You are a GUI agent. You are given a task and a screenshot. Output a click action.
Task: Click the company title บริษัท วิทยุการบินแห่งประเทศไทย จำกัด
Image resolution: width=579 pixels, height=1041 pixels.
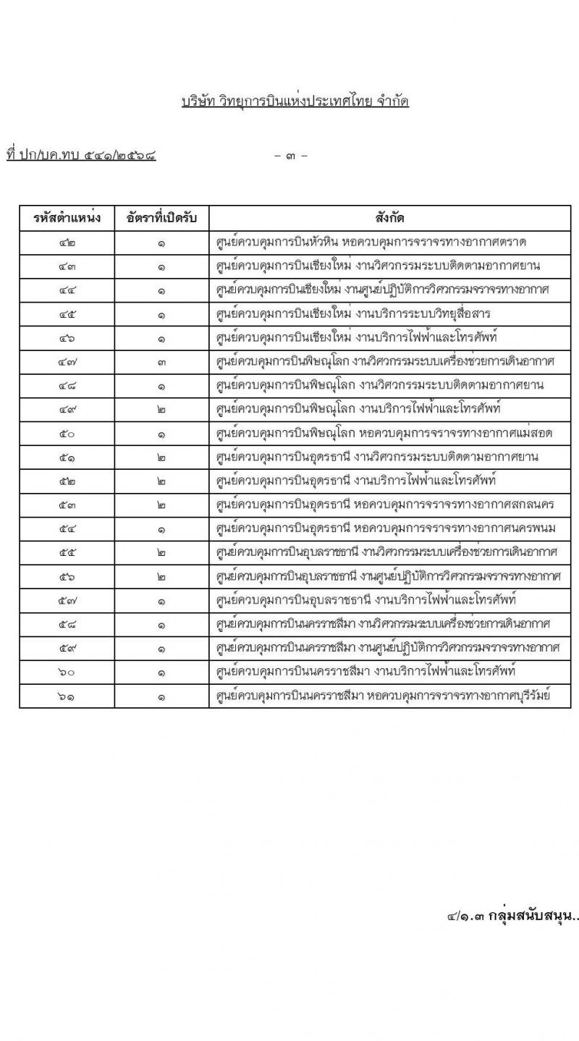pos(295,101)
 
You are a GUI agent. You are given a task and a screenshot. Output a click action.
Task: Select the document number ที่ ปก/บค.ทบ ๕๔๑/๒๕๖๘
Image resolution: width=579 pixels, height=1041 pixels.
pos(81,154)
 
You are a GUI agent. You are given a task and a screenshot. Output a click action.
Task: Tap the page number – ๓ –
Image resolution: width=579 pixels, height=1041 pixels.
pos(292,155)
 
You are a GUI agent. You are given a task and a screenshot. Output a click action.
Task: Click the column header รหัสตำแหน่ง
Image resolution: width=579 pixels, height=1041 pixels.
pos(67,218)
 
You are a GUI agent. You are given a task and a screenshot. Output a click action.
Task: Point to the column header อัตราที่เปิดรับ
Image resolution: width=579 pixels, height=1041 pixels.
pos(161,218)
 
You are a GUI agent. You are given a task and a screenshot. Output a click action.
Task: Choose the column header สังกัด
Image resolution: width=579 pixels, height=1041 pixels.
pos(390,218)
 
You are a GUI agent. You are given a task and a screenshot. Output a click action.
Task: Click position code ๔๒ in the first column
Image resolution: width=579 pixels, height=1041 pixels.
pos(67,242)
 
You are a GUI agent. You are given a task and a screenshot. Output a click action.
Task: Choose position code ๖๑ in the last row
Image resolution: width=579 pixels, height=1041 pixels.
pos(67,696)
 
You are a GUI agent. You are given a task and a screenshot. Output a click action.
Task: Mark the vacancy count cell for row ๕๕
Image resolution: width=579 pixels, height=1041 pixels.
pos(161,553)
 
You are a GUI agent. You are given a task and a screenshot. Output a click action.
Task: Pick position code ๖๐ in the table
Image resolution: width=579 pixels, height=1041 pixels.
pos(67,672)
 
